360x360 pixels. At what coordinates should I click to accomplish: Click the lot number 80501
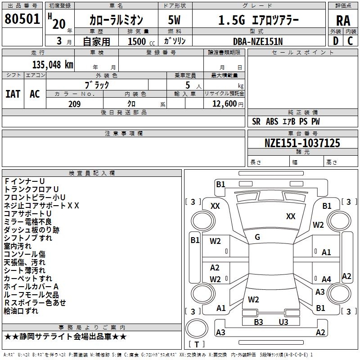click(22, 19)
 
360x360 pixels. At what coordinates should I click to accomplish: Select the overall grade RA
click(343, 21)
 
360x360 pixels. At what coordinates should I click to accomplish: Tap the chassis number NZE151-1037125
click(302, 143)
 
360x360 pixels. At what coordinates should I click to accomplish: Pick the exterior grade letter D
click(335, 41)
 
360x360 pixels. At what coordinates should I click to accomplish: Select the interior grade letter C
click(350, 41)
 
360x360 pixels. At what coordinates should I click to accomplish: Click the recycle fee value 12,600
click(224, 104)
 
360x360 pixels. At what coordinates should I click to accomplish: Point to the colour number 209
click(74, 104)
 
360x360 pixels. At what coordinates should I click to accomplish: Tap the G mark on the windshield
click(257, 237)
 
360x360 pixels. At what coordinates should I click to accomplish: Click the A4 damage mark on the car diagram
click(326, 279)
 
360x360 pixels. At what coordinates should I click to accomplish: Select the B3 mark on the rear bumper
click(258, 322)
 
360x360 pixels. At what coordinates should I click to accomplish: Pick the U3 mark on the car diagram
click(283, 322)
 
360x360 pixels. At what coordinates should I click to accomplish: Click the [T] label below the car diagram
click(196, 345)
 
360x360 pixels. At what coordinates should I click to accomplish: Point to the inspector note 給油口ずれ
click(21, 311)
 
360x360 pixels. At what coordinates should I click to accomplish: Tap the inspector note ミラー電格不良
click(28, 222)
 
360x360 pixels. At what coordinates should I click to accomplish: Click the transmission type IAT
click(13, 94)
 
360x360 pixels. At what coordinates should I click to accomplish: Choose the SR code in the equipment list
click(256, 121)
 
